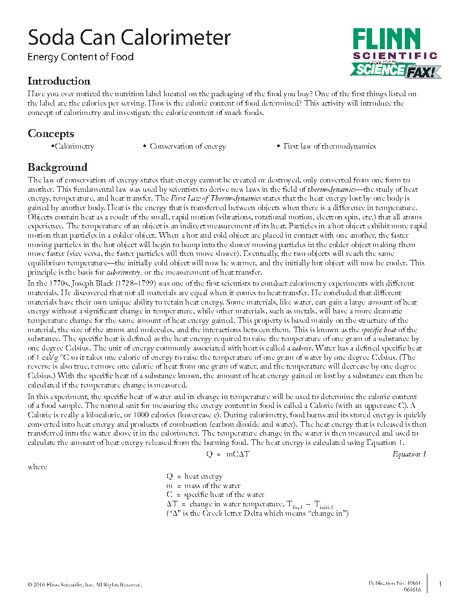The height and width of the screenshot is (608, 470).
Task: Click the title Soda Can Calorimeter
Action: point(129,38)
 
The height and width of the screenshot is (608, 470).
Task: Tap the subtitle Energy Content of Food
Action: point(81,56)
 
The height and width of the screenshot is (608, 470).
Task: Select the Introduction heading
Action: point(59,81)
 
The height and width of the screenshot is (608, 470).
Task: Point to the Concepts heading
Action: point(51,134)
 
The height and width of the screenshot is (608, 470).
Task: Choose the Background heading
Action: point(58,167)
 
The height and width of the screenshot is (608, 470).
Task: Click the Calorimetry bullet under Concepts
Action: point(73,146)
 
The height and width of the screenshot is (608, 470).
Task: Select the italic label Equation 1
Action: point(409,454)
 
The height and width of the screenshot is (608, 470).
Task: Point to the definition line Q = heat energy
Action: point(195,476)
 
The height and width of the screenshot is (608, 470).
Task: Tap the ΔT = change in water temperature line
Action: point(249,505)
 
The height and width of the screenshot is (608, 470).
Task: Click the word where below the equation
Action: point(38,467)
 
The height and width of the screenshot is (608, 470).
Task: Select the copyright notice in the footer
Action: point(85,584)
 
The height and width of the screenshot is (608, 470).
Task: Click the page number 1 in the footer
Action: point(440,584)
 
